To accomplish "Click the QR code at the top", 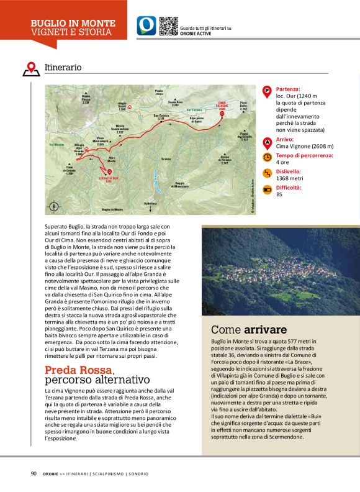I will [x=168, y=25].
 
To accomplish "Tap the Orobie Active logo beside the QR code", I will [x=146, y=25].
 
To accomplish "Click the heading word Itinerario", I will [x=63, y=66].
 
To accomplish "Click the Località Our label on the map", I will [x=109, y=180].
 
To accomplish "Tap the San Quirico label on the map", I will [x=161, y=116].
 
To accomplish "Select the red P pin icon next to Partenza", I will [x=268, y=91].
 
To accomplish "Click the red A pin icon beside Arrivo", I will [x=268, y=142].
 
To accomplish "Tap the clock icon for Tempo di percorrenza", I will [x=268, y=158].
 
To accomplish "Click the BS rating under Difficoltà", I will [x=279, y=194].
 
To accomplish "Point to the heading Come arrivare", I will [x=248, y=329].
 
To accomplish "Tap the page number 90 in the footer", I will [x=34, y=473].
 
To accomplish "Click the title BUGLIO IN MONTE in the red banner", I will [x=73, y=23].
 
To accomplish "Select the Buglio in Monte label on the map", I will [x=112, y=209].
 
